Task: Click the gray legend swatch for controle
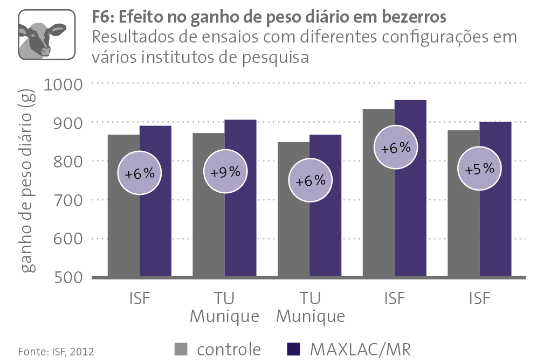[182, 349]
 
